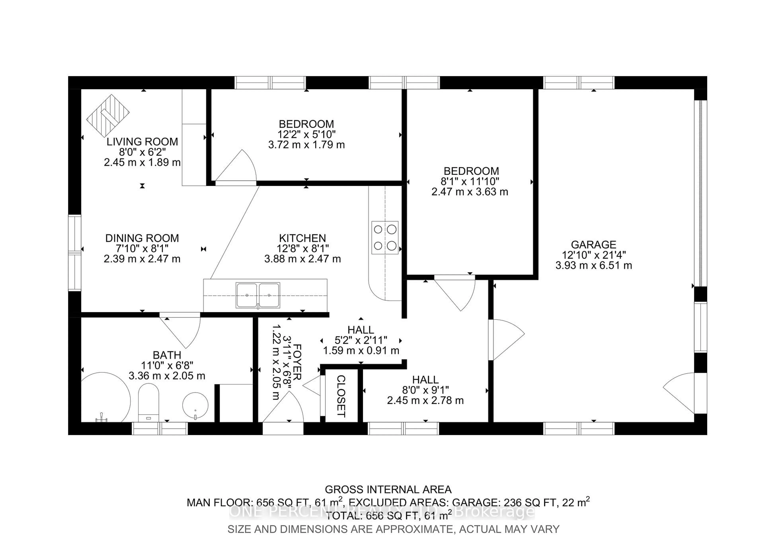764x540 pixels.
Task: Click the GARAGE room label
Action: coord(593,245)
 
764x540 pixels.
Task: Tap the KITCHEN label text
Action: coord(302,238)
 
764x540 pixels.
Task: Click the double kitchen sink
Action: coord(258,295)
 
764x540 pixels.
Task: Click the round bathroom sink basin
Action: coord(195,406)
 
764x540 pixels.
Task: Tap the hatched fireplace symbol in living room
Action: coord(108,115)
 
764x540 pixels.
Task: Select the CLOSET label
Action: coord(341,396)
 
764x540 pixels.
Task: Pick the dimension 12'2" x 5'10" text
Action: coord(306,135)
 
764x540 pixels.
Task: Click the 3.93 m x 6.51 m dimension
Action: coord(593,265)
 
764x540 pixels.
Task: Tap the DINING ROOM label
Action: coord(142,238)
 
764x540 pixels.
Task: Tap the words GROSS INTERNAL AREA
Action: coord(388,489)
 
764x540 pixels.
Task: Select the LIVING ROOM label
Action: coord(142,142)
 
